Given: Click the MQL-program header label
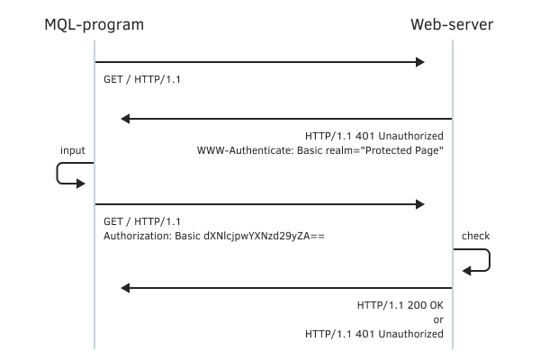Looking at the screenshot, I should [x=94, y=24].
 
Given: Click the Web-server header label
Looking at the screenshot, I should [x=452, y=24].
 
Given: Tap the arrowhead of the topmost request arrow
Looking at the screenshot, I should [x=418, y=62].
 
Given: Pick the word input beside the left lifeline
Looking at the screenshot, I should [x=73, y=149].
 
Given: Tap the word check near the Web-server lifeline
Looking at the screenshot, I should [x=475, y=236].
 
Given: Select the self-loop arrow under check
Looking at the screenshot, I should [x=477, y=261].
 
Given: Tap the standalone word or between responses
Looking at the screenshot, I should [x=438, y=319].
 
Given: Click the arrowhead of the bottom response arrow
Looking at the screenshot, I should [x=127, y=288].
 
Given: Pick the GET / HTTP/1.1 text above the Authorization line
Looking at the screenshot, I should [x=143, y=221].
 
